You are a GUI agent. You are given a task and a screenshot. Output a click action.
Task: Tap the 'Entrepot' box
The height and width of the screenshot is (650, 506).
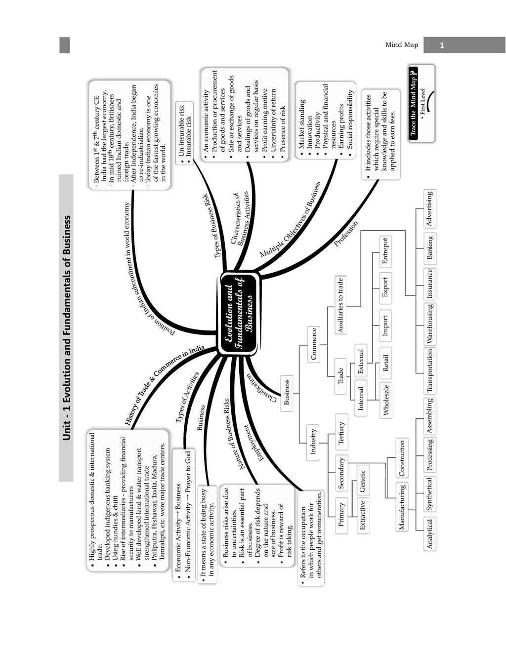click(385, 251)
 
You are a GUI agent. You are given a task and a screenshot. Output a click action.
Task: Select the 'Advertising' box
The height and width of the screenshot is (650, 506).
click(429, 208)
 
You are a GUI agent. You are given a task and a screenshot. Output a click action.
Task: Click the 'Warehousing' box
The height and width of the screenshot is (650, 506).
click(430, 324)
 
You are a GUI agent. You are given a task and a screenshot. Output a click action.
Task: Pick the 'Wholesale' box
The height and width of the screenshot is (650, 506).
click(386, 400)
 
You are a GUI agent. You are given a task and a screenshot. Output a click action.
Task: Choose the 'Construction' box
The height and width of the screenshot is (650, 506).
click(402, 458)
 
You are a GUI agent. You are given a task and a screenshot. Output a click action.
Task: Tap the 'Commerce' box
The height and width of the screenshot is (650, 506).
click(313, 344)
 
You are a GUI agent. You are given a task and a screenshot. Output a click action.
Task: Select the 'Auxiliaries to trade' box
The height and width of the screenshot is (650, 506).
click(340, 305)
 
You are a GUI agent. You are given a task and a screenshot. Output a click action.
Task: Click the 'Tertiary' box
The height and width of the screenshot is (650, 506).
click(341, 432)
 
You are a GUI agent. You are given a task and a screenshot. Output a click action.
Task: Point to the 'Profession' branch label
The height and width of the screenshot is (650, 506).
click(345, 234)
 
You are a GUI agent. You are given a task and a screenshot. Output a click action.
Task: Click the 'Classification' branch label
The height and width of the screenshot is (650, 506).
click(262, 388)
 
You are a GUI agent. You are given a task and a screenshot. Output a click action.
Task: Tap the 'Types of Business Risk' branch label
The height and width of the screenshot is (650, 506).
click(211, 226)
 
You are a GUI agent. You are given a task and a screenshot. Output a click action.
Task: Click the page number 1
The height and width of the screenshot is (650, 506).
click(442, 45)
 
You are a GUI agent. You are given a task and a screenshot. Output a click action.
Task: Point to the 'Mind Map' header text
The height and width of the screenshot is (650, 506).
click(402, 45)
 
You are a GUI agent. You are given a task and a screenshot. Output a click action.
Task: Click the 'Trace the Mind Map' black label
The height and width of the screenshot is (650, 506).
click(413, 103)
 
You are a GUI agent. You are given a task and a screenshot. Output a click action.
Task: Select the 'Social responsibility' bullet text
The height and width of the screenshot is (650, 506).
click(350, 120)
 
